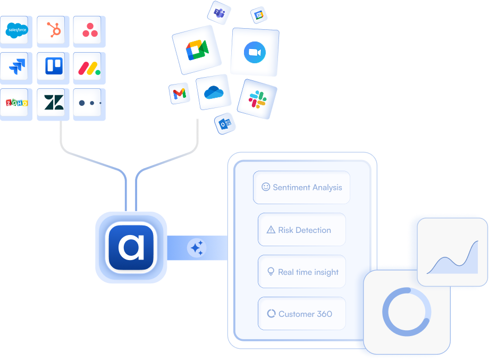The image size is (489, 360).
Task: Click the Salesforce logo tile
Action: [16, 31]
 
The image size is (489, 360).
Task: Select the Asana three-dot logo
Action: [90, 31]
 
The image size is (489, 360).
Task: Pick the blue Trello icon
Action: [54, 66]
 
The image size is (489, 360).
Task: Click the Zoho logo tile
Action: [16, 103]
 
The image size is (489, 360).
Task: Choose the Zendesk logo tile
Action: [54, 103]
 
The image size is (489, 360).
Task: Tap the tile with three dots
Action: [89, 103]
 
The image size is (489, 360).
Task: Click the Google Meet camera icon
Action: [197, 49]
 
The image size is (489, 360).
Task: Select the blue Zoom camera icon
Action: [254, 53]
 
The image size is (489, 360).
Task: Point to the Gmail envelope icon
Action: [180, 94]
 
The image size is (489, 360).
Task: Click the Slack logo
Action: [257, 99]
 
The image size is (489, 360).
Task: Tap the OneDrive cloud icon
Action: [214, 92]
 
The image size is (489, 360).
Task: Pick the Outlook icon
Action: [225, 123]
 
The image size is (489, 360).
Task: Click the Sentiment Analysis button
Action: [301, 187]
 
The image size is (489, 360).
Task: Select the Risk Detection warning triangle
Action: [271, 230]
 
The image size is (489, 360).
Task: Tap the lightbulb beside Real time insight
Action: [271, 272]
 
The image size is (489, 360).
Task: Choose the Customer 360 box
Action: [301, 314]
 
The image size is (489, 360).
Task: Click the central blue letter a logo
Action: [131, 247]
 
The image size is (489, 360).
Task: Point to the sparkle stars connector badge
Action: [197, 248]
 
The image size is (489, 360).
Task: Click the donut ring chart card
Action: [407, 312]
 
